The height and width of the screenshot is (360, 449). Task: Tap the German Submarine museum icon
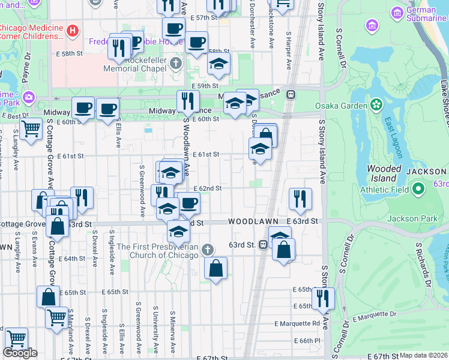397,13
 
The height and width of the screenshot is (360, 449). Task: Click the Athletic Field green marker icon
419,190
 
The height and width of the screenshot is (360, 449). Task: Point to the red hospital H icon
72,29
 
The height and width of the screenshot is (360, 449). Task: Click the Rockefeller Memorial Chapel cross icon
175,63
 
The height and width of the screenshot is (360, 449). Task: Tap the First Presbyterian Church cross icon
207,249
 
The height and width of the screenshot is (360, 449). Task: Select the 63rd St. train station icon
263,245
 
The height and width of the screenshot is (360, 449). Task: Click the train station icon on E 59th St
291,94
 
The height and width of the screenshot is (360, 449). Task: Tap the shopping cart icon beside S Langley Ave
30,128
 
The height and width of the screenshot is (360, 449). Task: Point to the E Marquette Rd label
297,323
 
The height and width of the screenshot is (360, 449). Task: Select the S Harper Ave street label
289,52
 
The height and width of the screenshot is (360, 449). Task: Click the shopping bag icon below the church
215,268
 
